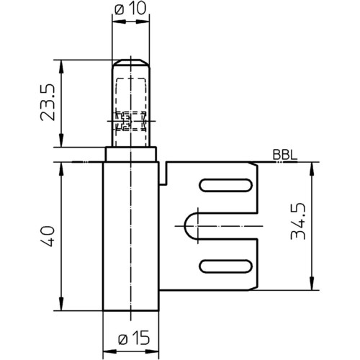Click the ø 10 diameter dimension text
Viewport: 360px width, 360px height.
point(130,9)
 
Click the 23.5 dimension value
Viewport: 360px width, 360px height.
point(48,102)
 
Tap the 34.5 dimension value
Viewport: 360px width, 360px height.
point(298,221)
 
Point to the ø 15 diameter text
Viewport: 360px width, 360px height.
point(134,338)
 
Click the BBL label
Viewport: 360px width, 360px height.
point(285,156)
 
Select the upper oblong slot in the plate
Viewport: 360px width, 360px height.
point(226,185)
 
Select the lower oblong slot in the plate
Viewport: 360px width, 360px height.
point(226,266)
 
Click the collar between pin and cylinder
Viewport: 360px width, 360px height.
point(131,154)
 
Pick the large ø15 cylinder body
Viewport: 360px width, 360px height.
point(131,236)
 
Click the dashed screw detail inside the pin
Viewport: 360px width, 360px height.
point(130,121)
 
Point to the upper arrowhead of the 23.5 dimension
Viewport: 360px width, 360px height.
point(61,66)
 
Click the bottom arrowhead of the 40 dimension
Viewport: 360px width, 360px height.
point(61,305)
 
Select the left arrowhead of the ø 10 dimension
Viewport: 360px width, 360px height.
point(117,22)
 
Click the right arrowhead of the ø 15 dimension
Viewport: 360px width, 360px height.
point(153,351)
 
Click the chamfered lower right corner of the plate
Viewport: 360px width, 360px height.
point(254,288)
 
